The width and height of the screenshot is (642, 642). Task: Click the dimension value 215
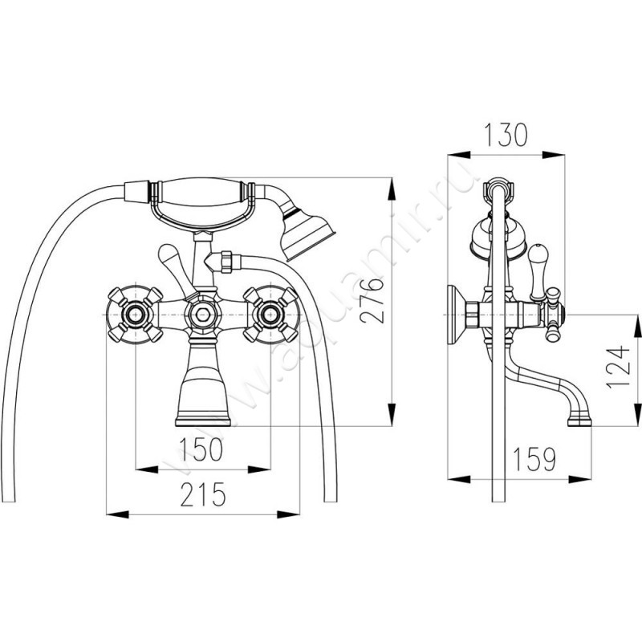point(203,494)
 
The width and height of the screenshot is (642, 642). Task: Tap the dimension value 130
point(506,135)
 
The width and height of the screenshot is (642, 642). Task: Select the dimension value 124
point(616,367)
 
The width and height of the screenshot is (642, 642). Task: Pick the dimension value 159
point(534,459)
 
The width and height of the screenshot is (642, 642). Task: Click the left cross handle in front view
point(135,315)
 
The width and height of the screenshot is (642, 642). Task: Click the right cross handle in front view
point(270,315)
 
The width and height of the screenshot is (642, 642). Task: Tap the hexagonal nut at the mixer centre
point(203,315)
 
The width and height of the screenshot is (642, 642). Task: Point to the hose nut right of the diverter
point(226,262)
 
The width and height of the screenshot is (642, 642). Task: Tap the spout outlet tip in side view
point(579,421)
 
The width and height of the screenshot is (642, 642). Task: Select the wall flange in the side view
point(456,315)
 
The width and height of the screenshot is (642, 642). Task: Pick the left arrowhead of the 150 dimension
point(147,469)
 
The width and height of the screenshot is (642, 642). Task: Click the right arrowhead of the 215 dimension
point(289,514)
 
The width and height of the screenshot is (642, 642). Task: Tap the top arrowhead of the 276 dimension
point(392,189)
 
